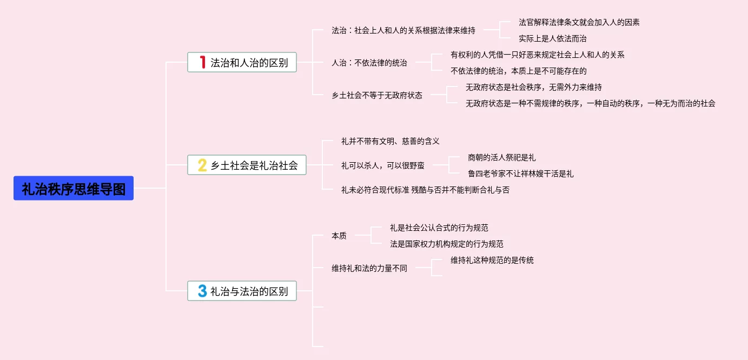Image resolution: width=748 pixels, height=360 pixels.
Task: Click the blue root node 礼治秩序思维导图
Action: [x=74, y=189]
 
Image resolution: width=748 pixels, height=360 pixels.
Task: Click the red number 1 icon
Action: [x=202, y=63]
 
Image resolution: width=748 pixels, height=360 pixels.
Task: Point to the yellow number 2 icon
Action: [x=202, y=165]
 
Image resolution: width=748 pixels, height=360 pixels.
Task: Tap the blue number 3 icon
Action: [x=202, y=291]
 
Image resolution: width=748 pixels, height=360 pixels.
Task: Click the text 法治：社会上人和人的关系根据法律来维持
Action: [x=403, y=31]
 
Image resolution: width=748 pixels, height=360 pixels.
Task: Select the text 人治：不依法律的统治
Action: [x=369, y=63]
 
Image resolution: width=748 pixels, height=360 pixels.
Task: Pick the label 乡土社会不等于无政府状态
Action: [x=377, y=95]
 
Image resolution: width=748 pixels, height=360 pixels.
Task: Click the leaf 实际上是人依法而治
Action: [x=552, y=38]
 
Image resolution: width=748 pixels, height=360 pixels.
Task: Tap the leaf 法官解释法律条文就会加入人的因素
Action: [x=579, y=22]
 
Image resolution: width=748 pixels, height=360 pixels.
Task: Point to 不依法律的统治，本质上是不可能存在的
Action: [x=518, y=71]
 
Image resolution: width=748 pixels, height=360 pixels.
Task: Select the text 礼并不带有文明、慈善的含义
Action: [x=390, y=141]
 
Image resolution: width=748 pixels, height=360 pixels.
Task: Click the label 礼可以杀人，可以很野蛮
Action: [x=382, y=165]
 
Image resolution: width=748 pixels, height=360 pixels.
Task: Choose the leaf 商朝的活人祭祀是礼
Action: [x=501, y=157]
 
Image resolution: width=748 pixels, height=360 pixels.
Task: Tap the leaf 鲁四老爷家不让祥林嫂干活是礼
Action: [x=520, y=174]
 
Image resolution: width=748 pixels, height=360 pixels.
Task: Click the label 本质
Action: [x=339, y=236]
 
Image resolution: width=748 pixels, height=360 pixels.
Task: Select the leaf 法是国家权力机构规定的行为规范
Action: [x=447, y=244]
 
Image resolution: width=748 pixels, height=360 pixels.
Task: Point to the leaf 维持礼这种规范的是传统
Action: [x=492, y=260]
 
